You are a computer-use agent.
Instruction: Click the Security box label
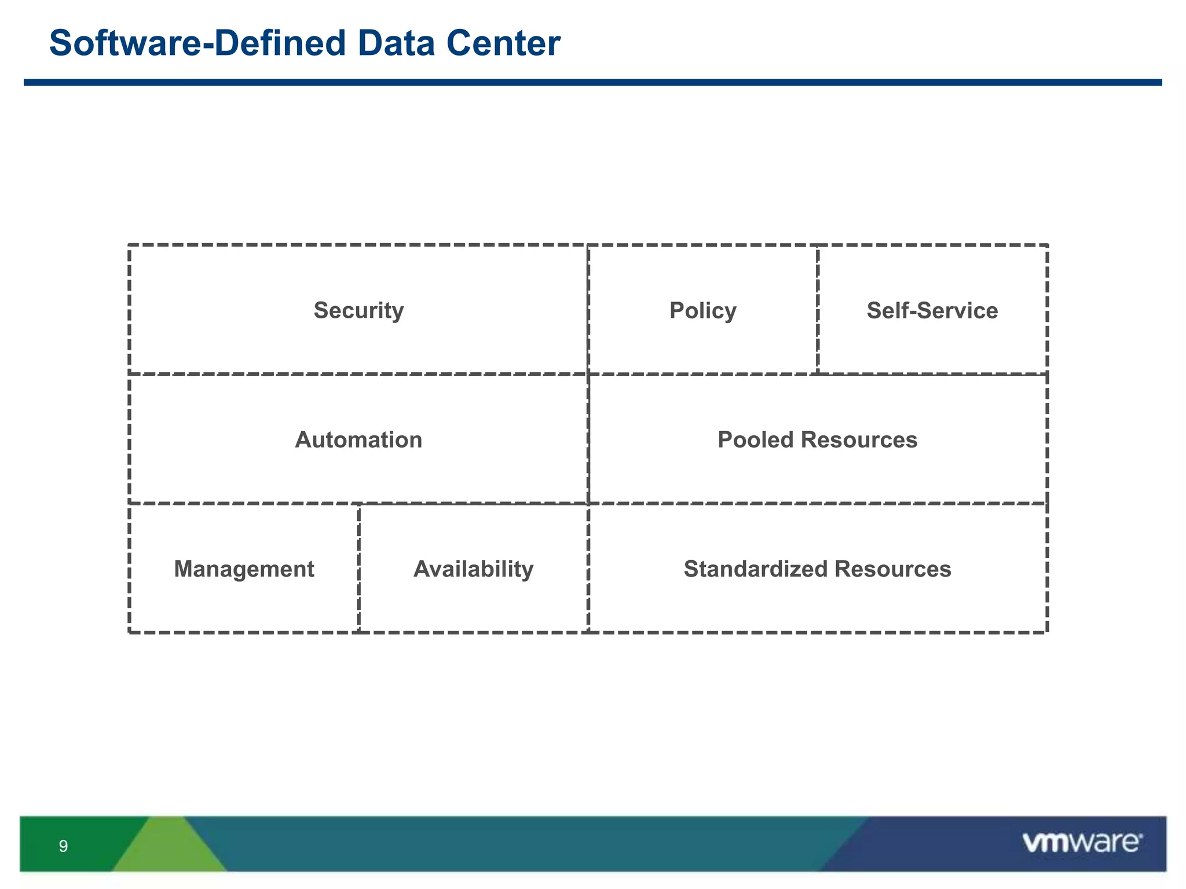pos(358,311)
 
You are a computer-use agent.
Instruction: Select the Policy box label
pos(702,311)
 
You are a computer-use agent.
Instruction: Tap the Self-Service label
pos(932,311)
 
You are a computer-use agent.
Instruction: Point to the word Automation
pos(358,440)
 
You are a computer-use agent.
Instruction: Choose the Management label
pos(244,569)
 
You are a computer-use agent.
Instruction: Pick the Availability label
pos(473,569)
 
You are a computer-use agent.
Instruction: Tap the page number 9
pos(63,847)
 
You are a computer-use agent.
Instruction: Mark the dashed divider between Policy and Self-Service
pos(817,310)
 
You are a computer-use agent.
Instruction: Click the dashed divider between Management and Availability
pos(358,568)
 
